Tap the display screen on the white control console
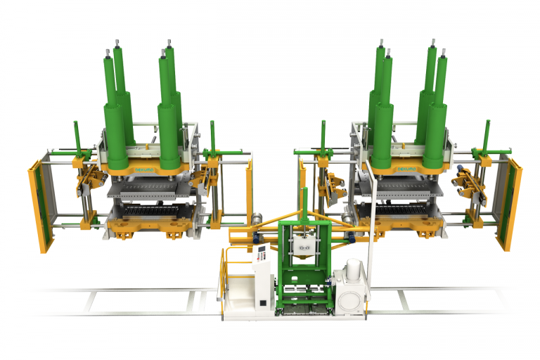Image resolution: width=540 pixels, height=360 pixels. pos(261,252)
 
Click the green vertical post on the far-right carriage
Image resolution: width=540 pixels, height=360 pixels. pos(486,137)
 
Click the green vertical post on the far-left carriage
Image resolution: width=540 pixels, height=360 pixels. pos(75,137)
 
